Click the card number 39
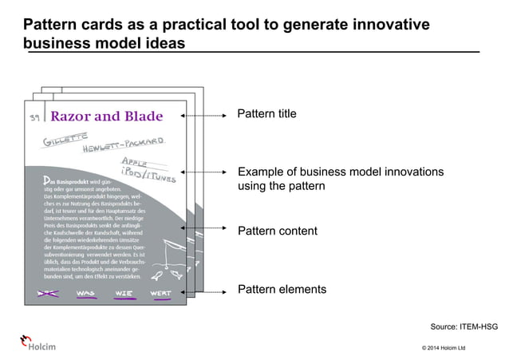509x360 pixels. coord(34,119)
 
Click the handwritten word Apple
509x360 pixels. coord(132,163)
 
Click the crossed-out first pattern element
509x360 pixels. coord(47,293)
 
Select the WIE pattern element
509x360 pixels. coord(124,293)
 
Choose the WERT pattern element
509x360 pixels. coord(160,293)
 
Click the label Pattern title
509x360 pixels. coord(267,114)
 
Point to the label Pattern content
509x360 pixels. coord(278,231)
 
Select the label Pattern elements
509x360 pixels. coord(282,290)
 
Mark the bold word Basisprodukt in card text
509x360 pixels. coord(73,181)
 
